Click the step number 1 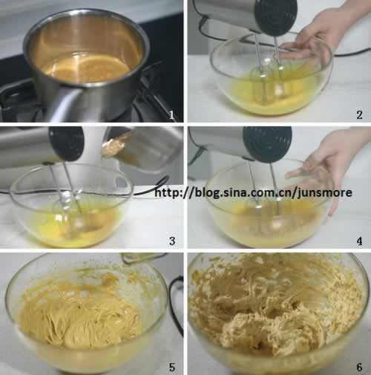[x=172, y=114]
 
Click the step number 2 [x=359, y=114]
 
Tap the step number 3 [x=172, y=241]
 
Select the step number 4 [x=359, y=241]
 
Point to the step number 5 [x=172, y=367]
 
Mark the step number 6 [x=359, y=367]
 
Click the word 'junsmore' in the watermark [x=325, y=193]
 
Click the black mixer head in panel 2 [x=276, y=16]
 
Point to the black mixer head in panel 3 [x=67, y=143]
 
